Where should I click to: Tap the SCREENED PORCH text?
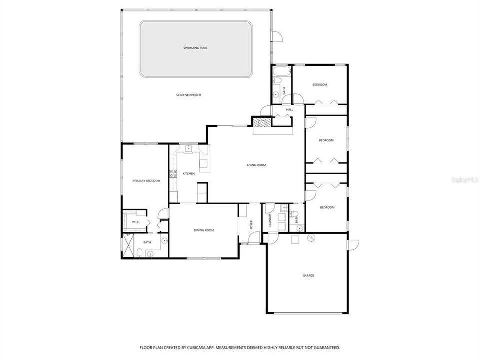(x=188, y=95)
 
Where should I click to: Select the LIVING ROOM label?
(x=256, y=165)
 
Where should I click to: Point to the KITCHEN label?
(x=188, y=173)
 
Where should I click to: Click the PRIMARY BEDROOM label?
(x=146, y=180)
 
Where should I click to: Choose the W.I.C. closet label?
(x=136, y=222)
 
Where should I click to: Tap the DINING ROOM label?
(x=204, y=230)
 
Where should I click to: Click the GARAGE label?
(x=308, y=275)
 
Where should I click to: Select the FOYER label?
(x=251, y=225)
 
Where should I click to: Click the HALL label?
(x=289, y=109)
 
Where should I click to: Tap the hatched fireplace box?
(x=260, y=121)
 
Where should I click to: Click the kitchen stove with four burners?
(x=173, y=174)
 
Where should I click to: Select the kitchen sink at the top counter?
(x=189, y=148)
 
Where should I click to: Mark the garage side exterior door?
(x=353, y=245)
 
